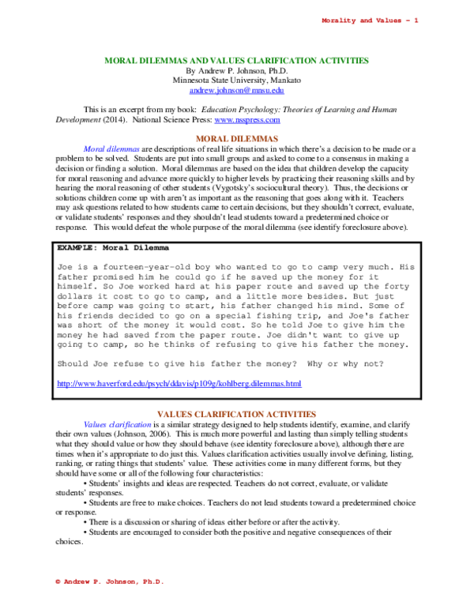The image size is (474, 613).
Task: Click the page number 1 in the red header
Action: click(416, 21)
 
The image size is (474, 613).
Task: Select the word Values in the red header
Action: click(387, 21)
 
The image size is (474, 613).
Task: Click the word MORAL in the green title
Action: click(120, 61)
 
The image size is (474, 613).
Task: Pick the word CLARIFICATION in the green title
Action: click(279, 61)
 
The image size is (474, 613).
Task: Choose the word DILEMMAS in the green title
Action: click(162, 61)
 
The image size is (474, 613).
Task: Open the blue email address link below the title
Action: click(237, 91)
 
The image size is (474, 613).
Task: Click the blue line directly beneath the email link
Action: click(246, 121)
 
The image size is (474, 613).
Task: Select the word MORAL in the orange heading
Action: click(212, 139)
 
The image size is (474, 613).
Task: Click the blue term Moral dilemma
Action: click(111, 149)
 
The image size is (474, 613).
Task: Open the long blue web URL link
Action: click(179, 384)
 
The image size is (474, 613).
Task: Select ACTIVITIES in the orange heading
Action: click(292, 415)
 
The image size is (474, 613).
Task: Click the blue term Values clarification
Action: click(118, 424)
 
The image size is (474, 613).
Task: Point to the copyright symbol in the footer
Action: click(58, 581)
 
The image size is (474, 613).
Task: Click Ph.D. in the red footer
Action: click(153, 581)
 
